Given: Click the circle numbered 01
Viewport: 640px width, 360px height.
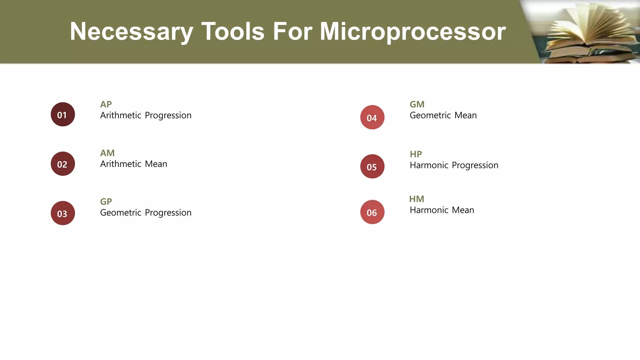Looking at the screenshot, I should click(x=63, y=114).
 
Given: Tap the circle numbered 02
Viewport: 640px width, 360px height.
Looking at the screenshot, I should click(x=63, y=164).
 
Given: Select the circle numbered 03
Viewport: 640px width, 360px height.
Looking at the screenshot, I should click(x=63, y=213).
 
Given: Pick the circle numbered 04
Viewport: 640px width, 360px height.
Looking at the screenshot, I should click(x=372, y=117).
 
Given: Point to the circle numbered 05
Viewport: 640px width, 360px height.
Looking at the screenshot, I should click(x=372, y=167).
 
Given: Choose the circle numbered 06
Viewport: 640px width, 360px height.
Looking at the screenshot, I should click(x=372, y=212).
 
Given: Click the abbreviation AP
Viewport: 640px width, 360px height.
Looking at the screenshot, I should click(x=106, y=104).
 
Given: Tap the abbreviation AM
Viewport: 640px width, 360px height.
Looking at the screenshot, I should click(x=107, y=153).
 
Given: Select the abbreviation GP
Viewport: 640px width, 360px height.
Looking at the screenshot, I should click(x=106, y=202).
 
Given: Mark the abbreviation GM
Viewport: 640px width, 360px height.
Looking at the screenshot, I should click(x=417, y=104).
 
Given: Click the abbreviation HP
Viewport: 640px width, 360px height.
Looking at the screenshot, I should click(x=416, y=154).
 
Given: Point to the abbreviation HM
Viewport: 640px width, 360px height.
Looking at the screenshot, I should click(x=417, y=199).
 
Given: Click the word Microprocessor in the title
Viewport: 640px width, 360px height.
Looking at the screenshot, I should click(x=412, y=32).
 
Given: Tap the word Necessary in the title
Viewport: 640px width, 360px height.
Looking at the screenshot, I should click(x=131, y=32).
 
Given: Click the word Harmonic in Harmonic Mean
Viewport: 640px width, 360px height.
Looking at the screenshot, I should click(x=429, y=210).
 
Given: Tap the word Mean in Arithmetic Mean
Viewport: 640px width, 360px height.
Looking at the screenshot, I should click(x=156, y=164).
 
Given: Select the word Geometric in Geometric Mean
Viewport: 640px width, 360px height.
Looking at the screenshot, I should click(x=430, y=115).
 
